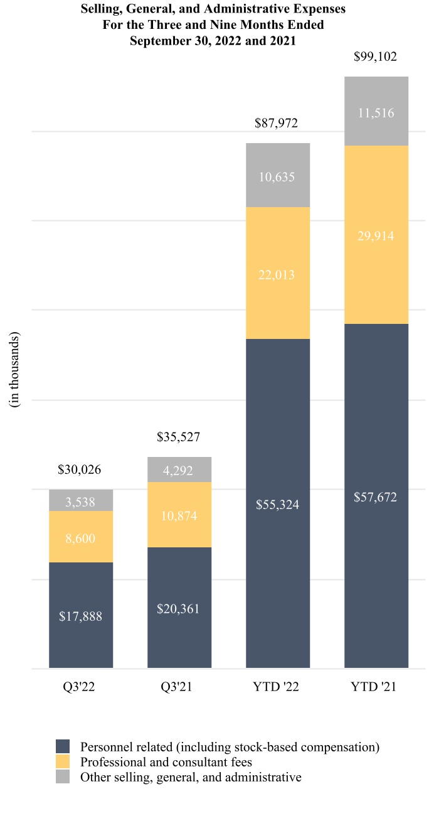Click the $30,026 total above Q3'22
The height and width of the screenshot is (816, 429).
[x=79, y=470]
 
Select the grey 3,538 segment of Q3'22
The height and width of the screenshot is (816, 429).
[x=81, y=501]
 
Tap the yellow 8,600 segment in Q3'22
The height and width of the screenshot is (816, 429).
[x=81, y=537]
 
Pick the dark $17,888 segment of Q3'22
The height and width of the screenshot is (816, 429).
[x=81, y=616]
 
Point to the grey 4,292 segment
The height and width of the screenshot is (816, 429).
[x=179, y=470]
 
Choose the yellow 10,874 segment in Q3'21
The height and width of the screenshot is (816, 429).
[x=179, y=515]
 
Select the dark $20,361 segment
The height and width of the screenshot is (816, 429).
[x=179, y=608]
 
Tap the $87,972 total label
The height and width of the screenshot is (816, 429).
[x=277, y=124]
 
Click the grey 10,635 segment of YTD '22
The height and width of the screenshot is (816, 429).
[x=278, y=176]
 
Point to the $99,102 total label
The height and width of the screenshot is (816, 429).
[x=375, y=57]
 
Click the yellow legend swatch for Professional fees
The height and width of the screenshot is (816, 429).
[x=63, y=762]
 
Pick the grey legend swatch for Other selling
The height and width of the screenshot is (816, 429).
[x=63, y=777]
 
